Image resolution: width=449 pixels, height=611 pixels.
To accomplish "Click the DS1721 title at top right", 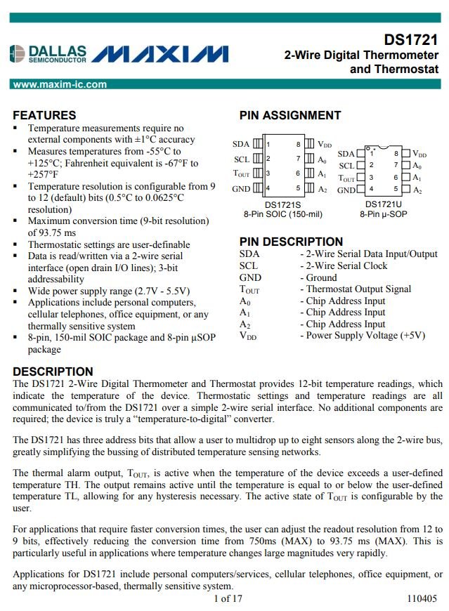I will (411, 40).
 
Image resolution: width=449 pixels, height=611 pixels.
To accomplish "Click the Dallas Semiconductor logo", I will (48, 54).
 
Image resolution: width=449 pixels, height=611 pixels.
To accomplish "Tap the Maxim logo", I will (160, 54).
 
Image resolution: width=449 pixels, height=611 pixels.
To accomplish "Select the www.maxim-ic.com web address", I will (60, 84).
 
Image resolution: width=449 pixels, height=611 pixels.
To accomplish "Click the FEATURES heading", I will (44, 115).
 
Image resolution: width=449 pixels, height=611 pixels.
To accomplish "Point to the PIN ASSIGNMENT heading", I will (289, 115).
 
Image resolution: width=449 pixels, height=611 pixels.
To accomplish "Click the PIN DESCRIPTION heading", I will (291, 242).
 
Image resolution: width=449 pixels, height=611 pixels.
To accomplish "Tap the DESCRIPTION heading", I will (53, 372).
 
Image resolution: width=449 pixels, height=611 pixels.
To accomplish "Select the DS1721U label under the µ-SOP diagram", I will (383, 204).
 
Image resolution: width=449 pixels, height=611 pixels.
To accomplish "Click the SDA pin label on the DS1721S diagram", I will (241, 144).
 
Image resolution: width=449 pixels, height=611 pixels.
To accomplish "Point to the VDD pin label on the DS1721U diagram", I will (419, 154).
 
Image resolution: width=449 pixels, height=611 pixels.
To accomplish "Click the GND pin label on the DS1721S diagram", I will (241, 188).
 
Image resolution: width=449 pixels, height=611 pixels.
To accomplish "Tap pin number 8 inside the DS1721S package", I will (297, 144).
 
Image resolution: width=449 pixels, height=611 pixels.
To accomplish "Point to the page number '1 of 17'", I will (227, 599).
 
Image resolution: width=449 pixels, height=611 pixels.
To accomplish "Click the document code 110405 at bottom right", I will (422, 599).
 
